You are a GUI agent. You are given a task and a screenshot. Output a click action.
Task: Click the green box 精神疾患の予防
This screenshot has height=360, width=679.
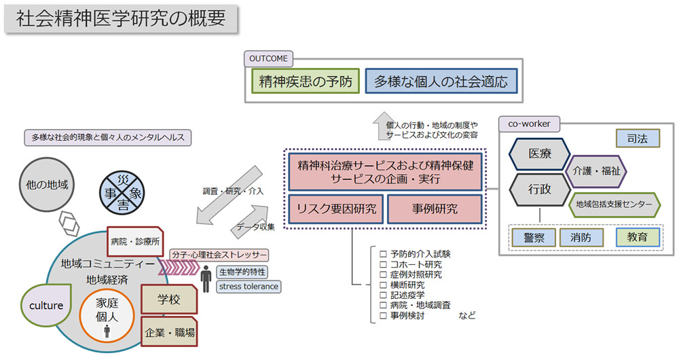coord(306,82)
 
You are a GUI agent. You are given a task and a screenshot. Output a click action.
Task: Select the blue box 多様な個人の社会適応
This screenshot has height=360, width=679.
coord(441,82)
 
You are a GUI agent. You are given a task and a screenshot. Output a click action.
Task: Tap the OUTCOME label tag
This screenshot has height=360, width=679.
coord(270,58)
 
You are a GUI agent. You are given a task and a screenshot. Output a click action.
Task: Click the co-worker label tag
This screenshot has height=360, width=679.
coord(530,124)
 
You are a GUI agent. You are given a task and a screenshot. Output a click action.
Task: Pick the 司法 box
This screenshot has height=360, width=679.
coord(638,138)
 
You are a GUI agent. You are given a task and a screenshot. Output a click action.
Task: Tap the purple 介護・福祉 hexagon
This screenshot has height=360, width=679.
coord(596,170)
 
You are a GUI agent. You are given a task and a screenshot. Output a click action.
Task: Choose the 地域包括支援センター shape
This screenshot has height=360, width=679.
coord(614,204)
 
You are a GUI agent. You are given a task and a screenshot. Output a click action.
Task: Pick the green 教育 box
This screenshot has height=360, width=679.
coord(638,237)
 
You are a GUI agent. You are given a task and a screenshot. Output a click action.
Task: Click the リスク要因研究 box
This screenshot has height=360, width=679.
coord(336,209)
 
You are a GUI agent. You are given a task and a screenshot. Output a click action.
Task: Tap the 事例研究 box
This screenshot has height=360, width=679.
coord(435,209)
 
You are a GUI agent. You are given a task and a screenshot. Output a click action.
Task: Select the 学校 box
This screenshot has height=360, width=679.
coord(169,299)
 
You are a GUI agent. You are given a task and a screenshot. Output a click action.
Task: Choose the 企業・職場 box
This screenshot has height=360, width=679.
coord(170,332)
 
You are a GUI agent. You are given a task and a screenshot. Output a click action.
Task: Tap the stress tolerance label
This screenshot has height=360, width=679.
coord(249,286)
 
